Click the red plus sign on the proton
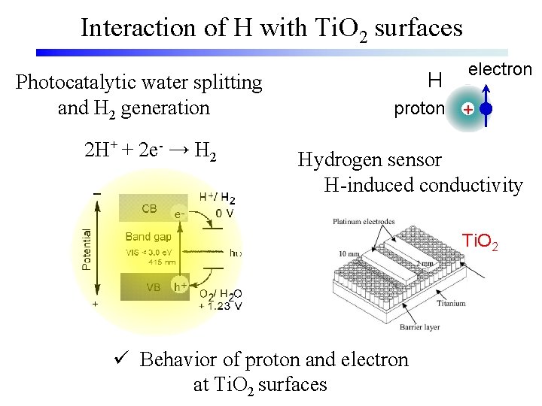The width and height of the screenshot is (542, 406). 467,110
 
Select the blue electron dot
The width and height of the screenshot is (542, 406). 486,109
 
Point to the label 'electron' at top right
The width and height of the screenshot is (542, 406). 500,69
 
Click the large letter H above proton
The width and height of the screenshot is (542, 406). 434,80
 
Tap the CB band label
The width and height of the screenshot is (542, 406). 150,208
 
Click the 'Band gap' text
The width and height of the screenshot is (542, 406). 149,237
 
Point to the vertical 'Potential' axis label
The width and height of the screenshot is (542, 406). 87,250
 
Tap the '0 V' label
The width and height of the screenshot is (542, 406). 224,213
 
